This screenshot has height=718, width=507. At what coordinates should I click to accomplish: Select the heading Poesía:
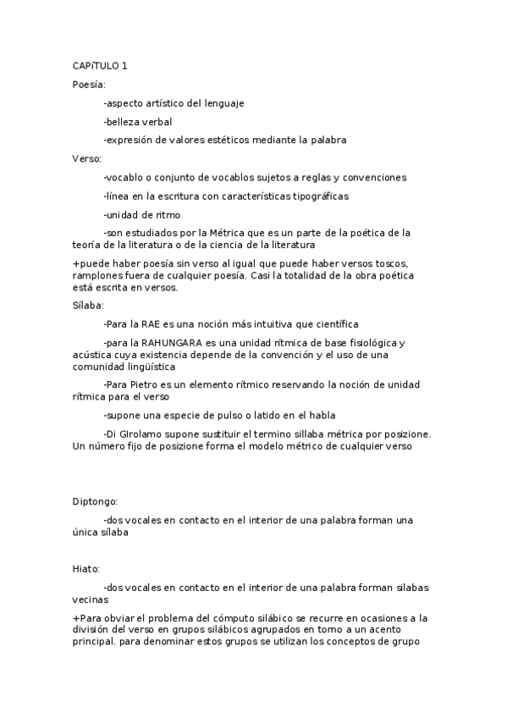point(89,85)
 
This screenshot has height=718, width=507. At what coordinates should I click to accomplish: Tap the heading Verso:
point(87,158)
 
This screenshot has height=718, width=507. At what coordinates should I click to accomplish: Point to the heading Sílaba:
point(88,305)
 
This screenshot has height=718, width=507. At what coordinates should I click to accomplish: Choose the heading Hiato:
point(86,569)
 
